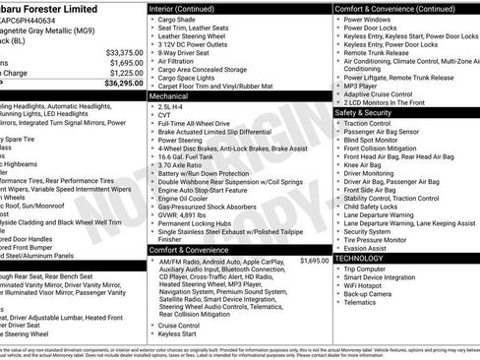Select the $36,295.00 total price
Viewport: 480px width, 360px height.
point(123,83)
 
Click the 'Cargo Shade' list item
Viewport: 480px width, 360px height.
point(178,19)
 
